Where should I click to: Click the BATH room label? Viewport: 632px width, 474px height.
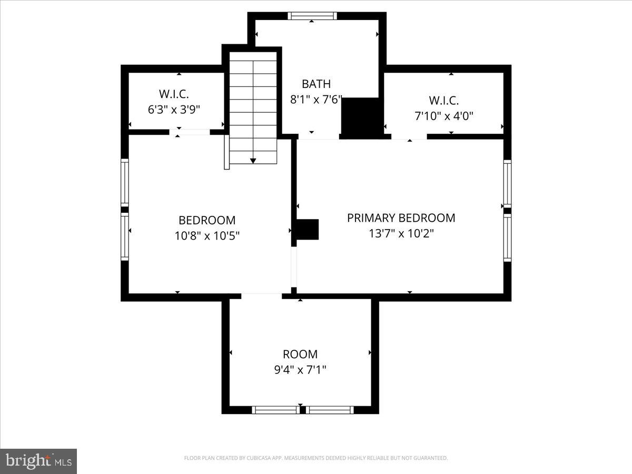[316, 84]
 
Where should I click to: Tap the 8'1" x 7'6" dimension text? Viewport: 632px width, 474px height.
[316, 99]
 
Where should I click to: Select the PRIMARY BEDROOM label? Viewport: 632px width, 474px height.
[401, 218]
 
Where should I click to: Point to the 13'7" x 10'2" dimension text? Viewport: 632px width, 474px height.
[401, 233]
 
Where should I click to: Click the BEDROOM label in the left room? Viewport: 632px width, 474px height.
[207, 221]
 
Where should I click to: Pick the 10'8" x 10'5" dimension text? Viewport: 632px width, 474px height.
[207, 236]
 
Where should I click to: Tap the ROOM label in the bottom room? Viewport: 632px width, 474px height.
[300, 354]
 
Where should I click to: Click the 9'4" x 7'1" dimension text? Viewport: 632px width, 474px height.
[300, 370]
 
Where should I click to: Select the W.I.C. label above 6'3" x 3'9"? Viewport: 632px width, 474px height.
[174, 94]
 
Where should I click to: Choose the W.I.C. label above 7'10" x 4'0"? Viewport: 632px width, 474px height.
[443, 100]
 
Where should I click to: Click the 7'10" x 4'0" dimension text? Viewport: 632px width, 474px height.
[443, 115]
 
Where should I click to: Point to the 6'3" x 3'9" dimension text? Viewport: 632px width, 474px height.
[174, 110]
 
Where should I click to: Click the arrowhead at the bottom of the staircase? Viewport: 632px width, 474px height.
[253, 160]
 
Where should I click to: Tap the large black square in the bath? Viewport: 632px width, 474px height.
[361, 116]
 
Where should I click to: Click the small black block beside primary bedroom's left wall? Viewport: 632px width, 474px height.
[308, 230]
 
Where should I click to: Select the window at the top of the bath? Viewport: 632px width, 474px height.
[312, 16]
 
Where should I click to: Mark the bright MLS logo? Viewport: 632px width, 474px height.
[38, 461]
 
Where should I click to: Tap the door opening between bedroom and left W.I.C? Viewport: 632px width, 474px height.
[189, 132]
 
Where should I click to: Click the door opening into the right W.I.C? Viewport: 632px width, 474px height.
[409, 136]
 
